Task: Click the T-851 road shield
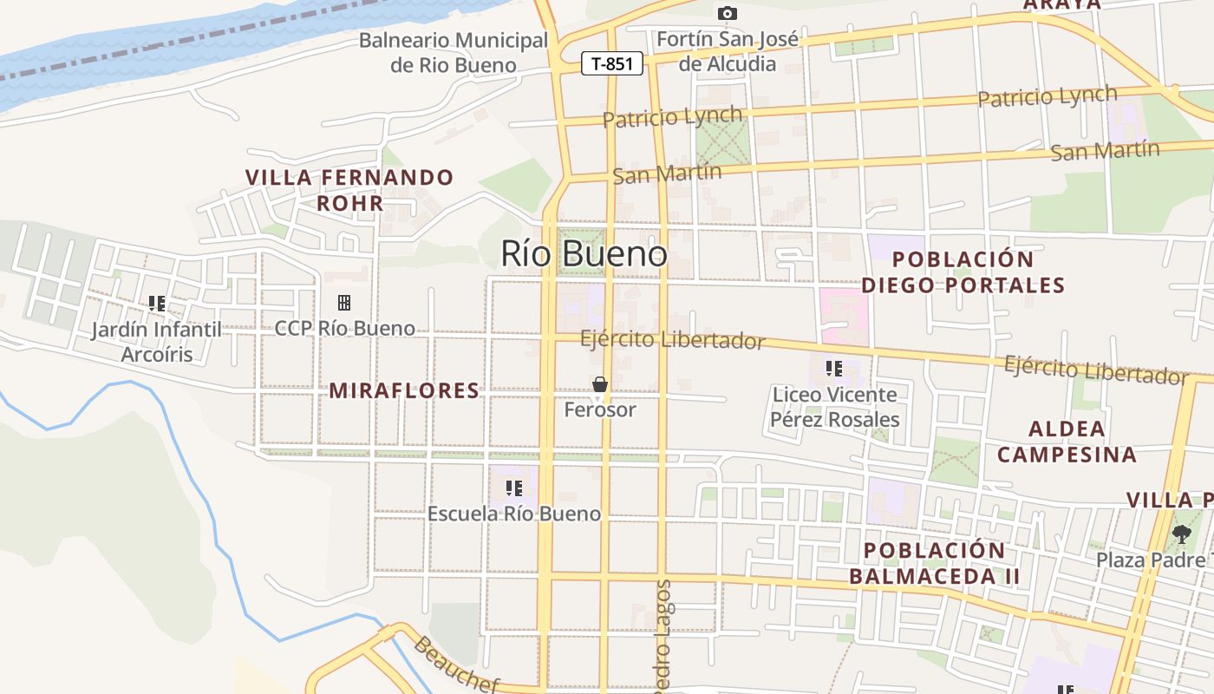pos(612,63)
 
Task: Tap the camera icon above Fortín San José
pos(727,13)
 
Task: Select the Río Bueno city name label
pos(584,253)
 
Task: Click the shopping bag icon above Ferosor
pos(599,384)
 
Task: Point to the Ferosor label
pos(599,409)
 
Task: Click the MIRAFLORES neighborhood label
pos(404,390)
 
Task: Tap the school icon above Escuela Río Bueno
pos(514,488)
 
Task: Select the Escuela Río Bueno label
pos(514,514)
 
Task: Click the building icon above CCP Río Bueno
pos(344,303)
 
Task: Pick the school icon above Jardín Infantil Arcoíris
pos(157,304)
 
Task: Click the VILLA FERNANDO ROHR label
pos(349,190)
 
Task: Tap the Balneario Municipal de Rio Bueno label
pos(454,53)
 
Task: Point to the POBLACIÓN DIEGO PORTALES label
pos(963,272)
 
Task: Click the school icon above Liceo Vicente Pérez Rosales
pos(834,369)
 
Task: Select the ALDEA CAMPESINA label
pos(1067,441)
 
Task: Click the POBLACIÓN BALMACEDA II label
pos(935,563)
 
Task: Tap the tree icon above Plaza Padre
pos(1181,534)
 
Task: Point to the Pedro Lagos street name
pos(663,638)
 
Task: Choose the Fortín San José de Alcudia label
pos(728,51)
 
